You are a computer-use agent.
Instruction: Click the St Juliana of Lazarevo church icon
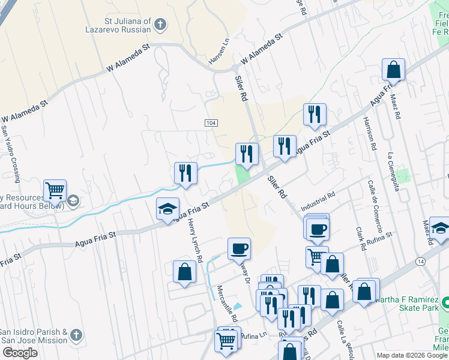pyautogui.click(x=160, y=25)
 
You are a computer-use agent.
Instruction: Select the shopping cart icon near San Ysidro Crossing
pyautogui.click(x=55, y=191)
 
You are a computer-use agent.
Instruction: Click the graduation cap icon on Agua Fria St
pyautogui.click(x=167, y=209)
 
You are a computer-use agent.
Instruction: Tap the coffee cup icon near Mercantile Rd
pyautogui.click(x=239, y=248)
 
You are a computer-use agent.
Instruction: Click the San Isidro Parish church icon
pyautogui.click(x=76, y=334)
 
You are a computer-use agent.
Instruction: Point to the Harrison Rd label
pyautogui.click(x=368, y=133)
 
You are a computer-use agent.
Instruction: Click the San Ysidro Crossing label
pyautogui.click(x=13, y=154)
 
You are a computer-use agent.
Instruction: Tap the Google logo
pyautogui.click(x=20, y=353)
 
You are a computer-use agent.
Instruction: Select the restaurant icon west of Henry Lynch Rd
pyautogui.click(x=185, y=173)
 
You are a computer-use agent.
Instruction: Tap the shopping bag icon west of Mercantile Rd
pyautogui.click(x=184, y=272)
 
